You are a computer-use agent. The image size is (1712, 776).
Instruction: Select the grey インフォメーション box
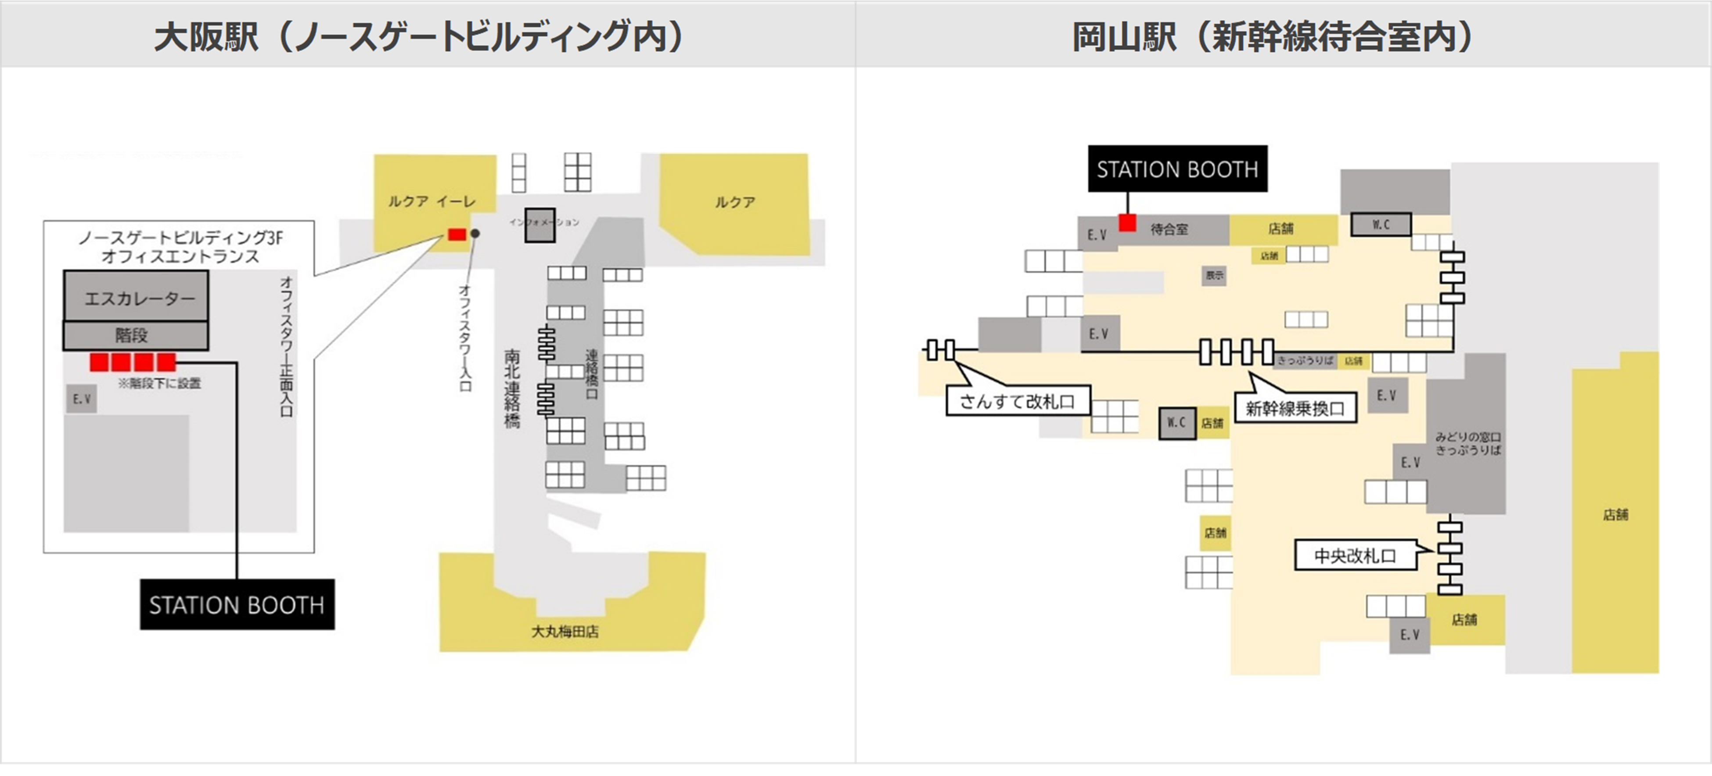[x=539, y=225]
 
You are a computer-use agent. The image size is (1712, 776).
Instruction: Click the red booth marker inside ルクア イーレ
[x=457, y=234]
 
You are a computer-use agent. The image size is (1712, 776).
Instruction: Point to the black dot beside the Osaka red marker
[x=475, y=234]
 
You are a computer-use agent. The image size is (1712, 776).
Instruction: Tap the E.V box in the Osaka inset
[x=81, y=399]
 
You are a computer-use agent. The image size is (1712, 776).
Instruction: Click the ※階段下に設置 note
[x=159, y=383]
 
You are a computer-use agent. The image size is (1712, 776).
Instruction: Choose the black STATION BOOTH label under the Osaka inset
[x=237, y=604]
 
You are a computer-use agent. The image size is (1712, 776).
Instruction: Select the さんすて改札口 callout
[x=1017, y=401]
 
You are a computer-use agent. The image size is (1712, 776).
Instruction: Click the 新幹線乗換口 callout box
[x=1294, y=408]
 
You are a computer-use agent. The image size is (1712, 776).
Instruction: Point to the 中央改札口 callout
[x=1354, y=555]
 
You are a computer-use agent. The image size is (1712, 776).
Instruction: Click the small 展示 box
[x=1214, y=275]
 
